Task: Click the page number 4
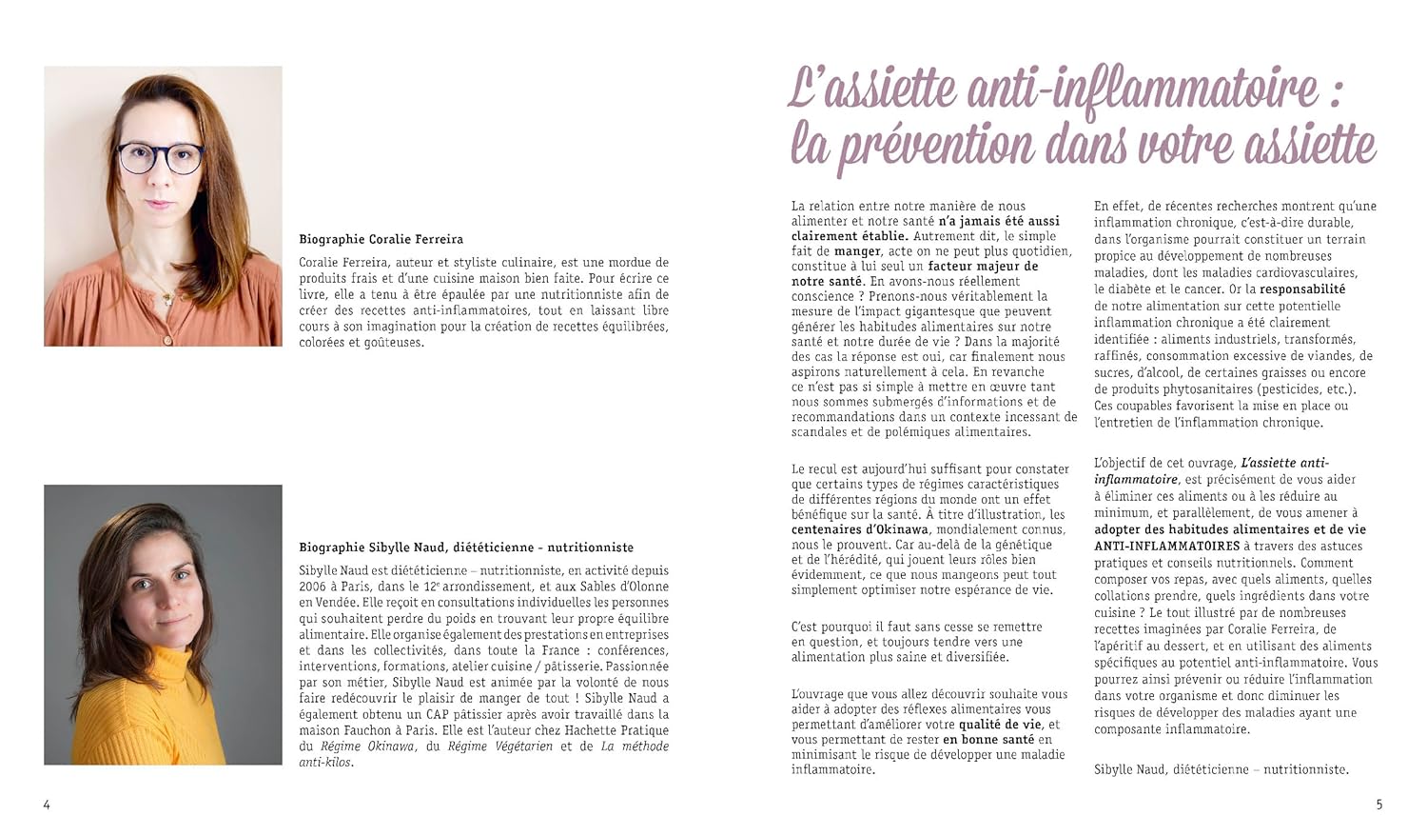click(x=47, y=805)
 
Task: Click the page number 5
click(x=1379, y=805)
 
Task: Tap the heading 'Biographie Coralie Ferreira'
click(x=381, y=239)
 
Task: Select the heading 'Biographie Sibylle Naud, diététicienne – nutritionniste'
click(x=466, y=547)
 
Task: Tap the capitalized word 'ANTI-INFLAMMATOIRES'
click(x=1166, y=547)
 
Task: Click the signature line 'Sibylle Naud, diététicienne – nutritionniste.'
click(x=1221, y=769)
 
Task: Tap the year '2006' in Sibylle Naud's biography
click(x=315, y=587)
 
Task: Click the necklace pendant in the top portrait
click(x=169, y=298)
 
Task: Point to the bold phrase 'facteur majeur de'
click(x=983, y=267)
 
